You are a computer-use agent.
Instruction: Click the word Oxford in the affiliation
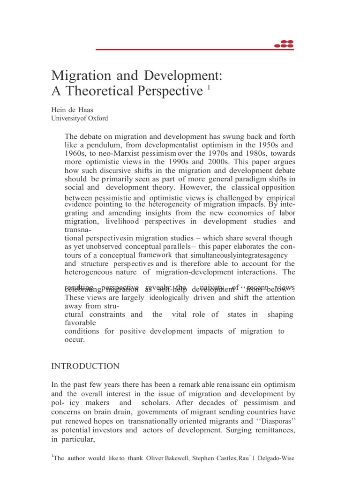click(97, 119)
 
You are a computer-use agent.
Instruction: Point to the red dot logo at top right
click(284, 45)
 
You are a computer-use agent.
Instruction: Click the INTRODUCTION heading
click(85, 366)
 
